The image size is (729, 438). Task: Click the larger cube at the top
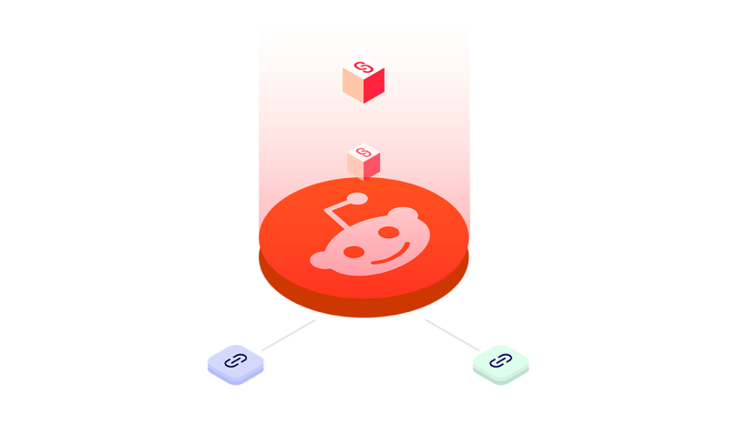pos(364,79)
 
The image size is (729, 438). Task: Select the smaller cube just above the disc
pos(364,162)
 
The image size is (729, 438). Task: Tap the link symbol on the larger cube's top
pos(364,67)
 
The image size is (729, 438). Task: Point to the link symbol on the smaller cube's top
pos(364,151)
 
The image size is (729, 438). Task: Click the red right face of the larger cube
pos(374,87)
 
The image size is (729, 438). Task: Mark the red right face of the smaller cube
pos(372,167)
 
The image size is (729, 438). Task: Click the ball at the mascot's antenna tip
pos(357,198)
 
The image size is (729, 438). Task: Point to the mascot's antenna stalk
pos(338,215)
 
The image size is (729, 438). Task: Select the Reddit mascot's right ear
pos(402,215)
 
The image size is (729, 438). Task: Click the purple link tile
pos(235,363)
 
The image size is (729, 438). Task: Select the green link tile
pos(500,363)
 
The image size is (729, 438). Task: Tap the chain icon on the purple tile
pos(235,360)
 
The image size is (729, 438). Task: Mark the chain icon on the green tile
pos(500,360)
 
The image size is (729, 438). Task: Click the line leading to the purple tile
pos(288,335)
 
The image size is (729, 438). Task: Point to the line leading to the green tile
pos(451,334)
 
